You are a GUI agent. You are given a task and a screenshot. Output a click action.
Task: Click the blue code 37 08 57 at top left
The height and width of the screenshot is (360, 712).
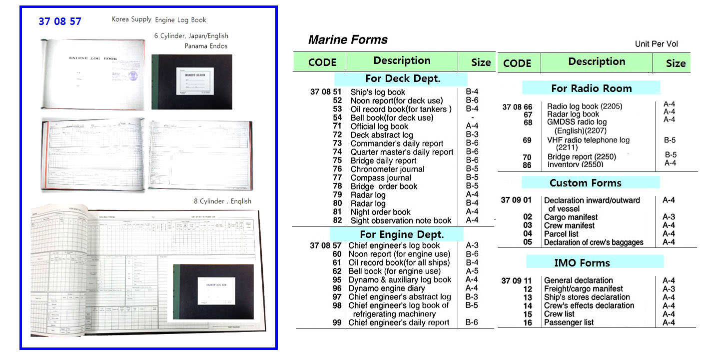click(59, 21)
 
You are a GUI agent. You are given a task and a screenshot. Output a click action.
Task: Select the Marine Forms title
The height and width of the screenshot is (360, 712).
click(348, 40)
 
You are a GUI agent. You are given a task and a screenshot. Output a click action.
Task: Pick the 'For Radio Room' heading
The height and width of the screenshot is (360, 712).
click(591, 88)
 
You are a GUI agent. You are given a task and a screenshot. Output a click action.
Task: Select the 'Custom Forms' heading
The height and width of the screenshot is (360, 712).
click(585, 182)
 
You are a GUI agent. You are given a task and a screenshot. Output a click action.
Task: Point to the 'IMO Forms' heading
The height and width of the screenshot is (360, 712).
click(582, 262)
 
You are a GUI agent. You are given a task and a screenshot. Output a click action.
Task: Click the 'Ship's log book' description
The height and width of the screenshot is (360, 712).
click(378, 92)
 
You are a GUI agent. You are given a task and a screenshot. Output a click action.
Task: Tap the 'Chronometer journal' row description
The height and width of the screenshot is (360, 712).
click(387, 169)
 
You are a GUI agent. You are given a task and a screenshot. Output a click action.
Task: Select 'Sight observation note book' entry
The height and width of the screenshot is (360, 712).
click(401, 220)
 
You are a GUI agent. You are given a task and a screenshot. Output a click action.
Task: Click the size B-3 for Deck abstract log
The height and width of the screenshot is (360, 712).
click(472, 134)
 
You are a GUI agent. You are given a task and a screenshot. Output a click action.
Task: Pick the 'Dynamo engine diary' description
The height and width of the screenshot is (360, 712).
click(387, 288)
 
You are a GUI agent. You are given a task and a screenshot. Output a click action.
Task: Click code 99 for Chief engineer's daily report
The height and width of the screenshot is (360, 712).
click(337, 322)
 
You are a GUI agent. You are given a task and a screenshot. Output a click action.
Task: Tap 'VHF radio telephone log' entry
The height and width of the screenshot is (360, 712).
click(588, 140)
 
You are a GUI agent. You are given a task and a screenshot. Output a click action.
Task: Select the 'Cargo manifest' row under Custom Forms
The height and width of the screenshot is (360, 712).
click(571, 217)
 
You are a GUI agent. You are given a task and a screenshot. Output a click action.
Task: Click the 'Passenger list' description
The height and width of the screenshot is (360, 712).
click(569, 322)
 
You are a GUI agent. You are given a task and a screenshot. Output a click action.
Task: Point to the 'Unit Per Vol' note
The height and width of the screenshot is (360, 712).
click(656, 44)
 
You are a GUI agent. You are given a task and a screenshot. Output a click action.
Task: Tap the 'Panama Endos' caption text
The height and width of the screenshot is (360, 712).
click(205, 46)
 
